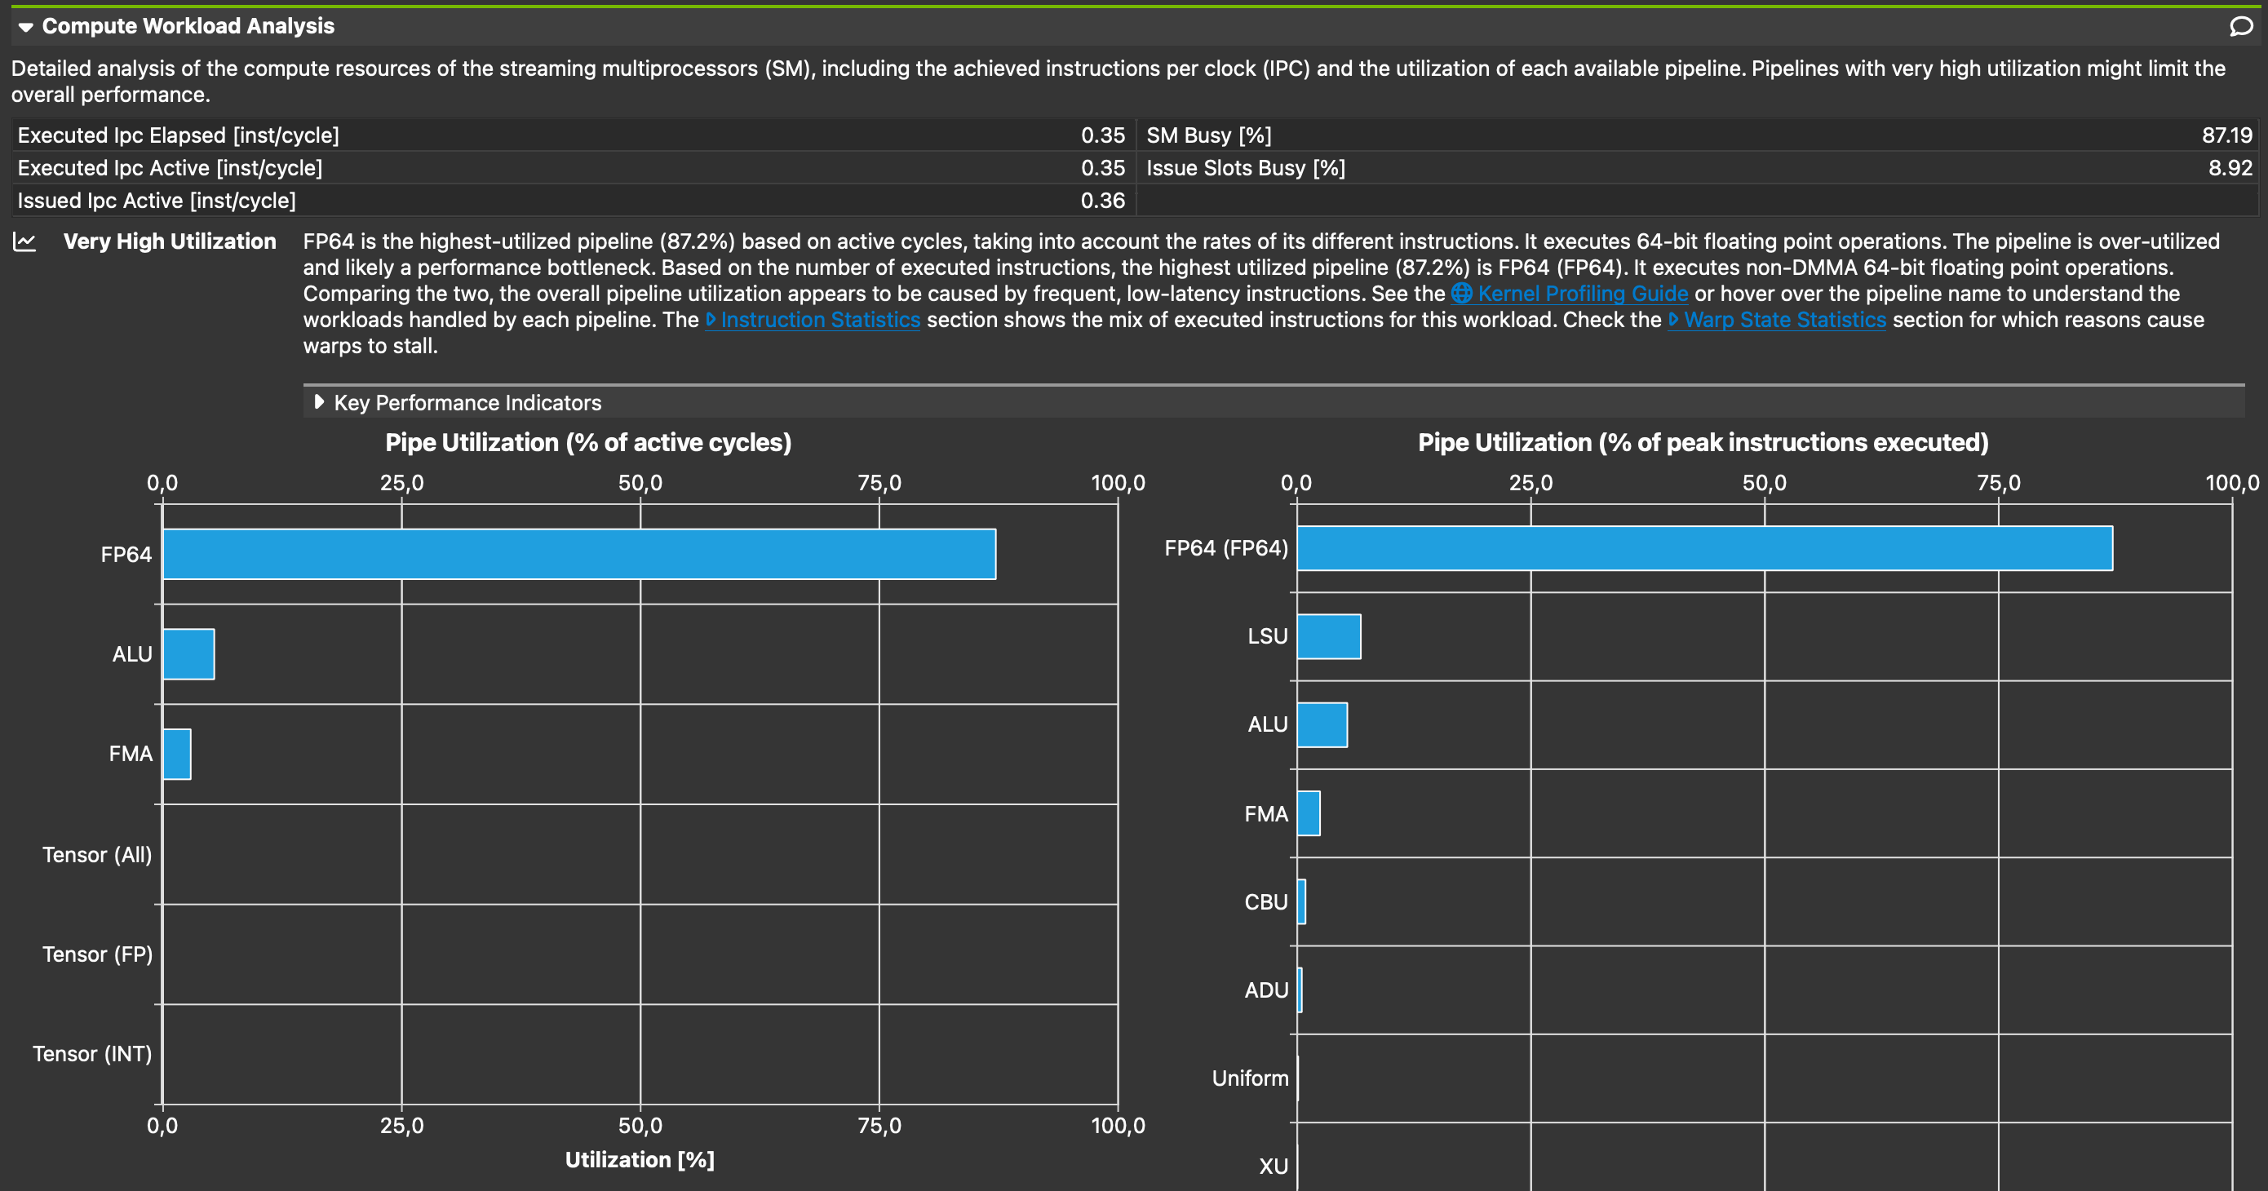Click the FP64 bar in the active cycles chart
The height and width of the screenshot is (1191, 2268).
(x=578, y=554)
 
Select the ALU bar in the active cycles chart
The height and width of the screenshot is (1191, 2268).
(x=188, y=654)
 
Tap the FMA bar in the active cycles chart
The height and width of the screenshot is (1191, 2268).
(x=177, y=755)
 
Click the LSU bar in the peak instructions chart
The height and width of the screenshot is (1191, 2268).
(x=1329, y=636)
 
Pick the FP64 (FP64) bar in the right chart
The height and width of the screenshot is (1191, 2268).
(x=1703, y=548)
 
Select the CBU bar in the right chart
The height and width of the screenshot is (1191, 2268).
(x=1301, y=901)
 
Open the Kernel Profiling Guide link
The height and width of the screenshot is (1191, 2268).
(x=1582, y=294)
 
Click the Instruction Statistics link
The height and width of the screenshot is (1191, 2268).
(x=820, y=321)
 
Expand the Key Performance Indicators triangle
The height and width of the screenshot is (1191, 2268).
(x=319, y=402)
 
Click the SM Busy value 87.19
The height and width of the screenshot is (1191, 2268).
(x=2226, y=135)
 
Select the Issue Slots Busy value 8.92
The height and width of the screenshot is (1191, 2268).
(x=2230, y=168)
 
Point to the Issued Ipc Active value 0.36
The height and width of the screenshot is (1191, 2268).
(x=1102, y=201)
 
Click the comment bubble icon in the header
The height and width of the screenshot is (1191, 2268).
(x=2241, y=26)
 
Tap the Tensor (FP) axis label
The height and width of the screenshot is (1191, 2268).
(x=97, y=954)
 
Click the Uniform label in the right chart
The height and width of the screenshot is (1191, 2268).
(x=1249, y=1078)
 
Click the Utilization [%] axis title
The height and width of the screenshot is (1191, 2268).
(x=639, y=1160)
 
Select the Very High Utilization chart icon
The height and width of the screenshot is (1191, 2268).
(x=24, y=242)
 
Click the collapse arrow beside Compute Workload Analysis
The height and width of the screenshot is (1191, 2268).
(x=25, y=27)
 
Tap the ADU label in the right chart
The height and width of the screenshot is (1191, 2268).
(x=1266, y=990)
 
